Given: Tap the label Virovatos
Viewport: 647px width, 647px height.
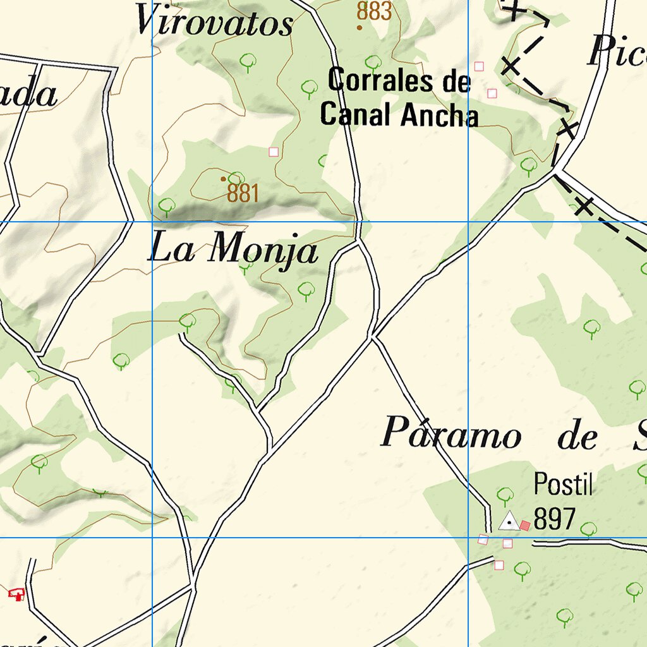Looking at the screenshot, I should (x=215, y=23).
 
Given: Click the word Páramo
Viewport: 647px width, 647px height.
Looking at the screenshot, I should (x=452, y=435).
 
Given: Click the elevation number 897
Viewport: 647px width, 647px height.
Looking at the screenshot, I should (x=554, y=519).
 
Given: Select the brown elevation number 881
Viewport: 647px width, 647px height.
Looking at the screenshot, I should (x=243, y=193).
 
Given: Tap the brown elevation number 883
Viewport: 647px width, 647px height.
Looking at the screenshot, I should (x=374, y=11).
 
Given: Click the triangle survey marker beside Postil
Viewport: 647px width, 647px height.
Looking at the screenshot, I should (x=509, y=521).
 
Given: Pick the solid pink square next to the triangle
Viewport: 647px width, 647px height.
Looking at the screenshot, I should (x=525, y=525).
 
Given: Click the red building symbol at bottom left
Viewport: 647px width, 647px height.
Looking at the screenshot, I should (x=16, y=593).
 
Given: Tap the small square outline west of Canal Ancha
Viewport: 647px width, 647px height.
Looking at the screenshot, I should (x=274, y=152).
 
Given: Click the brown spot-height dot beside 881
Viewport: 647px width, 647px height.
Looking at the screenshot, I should (x=223, y=179).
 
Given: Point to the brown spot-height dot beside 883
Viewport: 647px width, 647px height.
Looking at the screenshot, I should (x=360, y=27).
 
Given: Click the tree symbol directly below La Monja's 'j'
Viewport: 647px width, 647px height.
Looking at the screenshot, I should (x=306, y=290).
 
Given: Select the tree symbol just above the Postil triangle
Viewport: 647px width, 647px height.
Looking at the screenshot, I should (x=505, y=495).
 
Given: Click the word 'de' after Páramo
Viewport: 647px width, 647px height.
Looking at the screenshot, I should (x=577, y=437).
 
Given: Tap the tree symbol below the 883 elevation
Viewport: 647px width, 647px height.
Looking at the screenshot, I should (x=373, y=62).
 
